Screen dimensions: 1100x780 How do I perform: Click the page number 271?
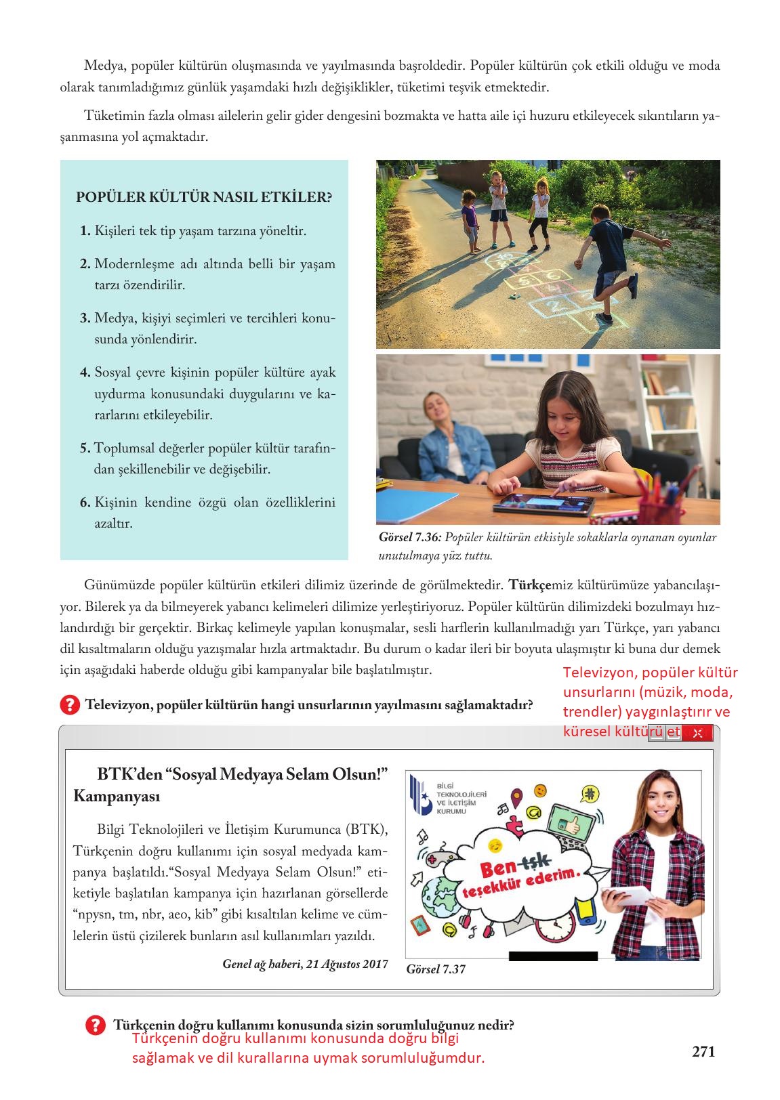(703, 1051)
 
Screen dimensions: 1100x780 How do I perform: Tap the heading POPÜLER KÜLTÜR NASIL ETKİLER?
(204, 198)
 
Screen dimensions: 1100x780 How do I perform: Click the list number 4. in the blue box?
(85, 373)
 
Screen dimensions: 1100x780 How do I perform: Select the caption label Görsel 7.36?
(410, 537)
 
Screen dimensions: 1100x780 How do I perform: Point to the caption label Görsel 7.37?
(436, 969)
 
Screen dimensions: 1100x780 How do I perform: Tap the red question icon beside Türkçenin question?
(96, 1025)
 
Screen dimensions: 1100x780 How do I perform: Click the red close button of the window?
(697, 733)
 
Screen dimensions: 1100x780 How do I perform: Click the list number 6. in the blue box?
(85, 503)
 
